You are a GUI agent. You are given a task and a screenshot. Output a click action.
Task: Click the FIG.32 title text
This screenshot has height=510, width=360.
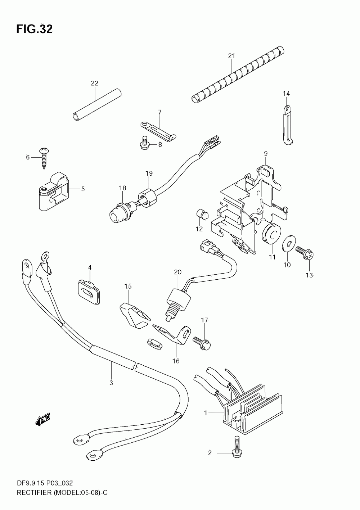34,29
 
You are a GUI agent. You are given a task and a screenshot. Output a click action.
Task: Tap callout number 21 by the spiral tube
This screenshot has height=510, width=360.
231,56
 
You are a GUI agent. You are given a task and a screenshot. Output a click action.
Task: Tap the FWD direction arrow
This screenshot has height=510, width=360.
43,420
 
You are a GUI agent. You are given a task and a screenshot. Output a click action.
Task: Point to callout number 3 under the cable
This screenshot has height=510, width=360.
111,383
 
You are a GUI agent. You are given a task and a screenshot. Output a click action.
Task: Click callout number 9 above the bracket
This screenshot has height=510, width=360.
266,154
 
